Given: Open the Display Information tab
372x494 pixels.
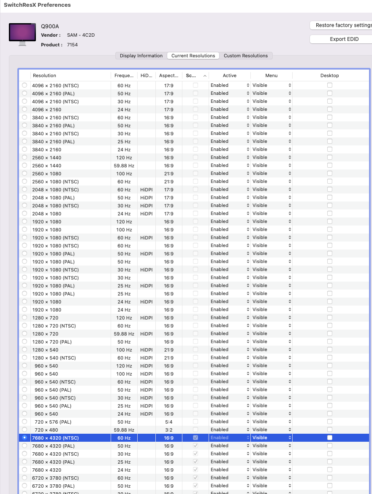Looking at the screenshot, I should coord(141,56).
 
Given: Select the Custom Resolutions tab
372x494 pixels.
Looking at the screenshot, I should coord(246,56).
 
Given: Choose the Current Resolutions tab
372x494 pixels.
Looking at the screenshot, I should coord(193,56).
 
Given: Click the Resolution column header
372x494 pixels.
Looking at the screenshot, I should coord(44,75).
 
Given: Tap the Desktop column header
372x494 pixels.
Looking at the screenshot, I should coord(329,75).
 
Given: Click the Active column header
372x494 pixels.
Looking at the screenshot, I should coord(229,75).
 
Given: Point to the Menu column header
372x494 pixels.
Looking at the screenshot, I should coord(271,75).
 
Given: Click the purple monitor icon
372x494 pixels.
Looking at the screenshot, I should coord(22,33).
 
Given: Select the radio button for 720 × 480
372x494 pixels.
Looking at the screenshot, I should coord(24,430).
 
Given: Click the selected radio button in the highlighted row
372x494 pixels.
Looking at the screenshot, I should coord(24,438).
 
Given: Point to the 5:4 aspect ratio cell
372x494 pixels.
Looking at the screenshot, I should coord(168,422).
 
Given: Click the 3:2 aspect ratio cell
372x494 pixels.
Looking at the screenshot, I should coord(168,430).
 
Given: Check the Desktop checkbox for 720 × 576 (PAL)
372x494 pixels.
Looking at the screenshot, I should coord(329,422).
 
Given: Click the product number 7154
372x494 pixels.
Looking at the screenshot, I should coord(72,45).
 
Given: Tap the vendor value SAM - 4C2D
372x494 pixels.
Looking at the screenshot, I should coord(81,35).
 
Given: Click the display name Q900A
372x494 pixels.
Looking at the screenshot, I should coord(50,26).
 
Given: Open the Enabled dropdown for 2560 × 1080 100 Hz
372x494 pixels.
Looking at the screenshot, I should coord(230,173).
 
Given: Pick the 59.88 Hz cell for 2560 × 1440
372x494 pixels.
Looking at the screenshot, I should coord(124,166).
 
